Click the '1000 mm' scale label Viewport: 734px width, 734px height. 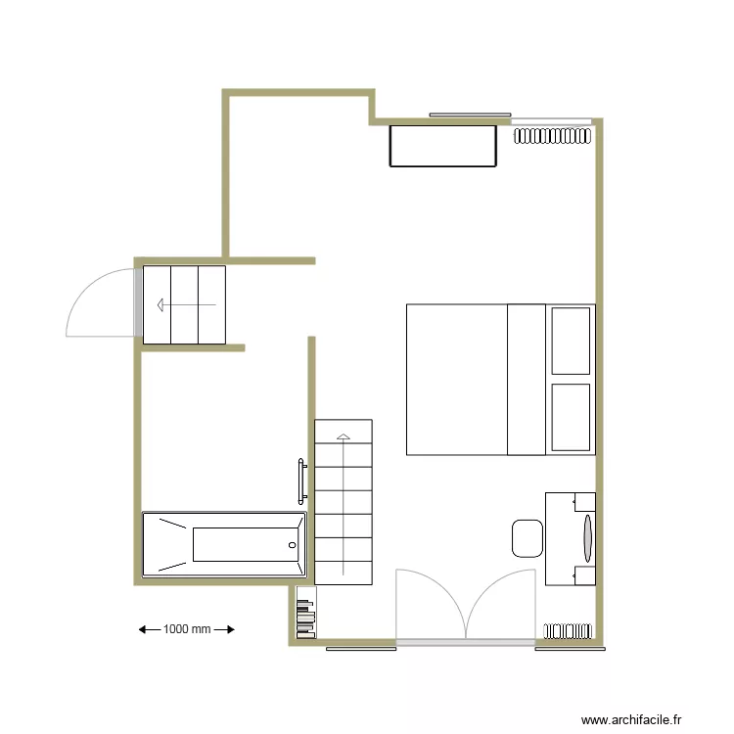point(187,629)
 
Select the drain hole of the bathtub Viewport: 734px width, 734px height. point(292,544)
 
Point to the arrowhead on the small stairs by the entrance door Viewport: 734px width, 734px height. point(159,305)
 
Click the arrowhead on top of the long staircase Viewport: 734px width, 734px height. point(344,436)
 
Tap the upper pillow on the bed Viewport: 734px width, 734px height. point(571,341)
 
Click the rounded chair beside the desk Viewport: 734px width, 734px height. point(527,538)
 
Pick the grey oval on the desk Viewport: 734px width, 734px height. point(588,537)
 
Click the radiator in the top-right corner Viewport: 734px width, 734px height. point(554,135)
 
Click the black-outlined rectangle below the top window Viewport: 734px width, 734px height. point(442,145)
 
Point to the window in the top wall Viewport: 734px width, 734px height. point(470,115)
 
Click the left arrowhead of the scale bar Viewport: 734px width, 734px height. point(143,629)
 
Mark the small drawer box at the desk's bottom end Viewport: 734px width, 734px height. point(584,575)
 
